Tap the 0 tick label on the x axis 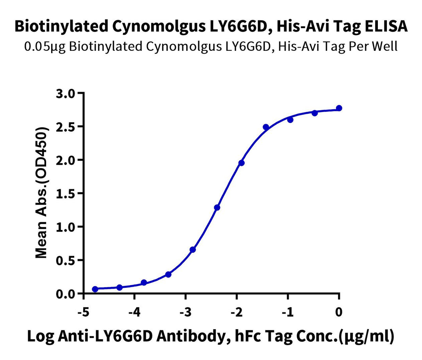pos(339,312)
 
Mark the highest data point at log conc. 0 pos(339,108)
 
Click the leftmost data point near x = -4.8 pos(95,289)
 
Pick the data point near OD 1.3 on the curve pos(217,207)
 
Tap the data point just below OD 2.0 pos(241,163)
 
